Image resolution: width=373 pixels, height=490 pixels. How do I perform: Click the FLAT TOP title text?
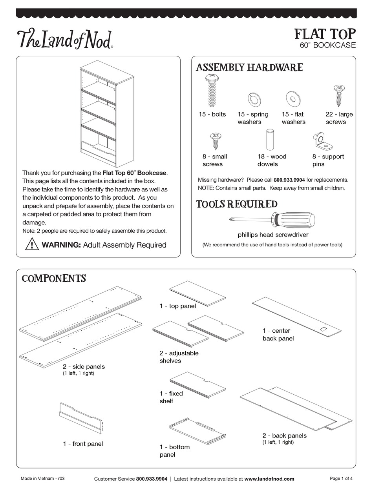(x=325, y=34)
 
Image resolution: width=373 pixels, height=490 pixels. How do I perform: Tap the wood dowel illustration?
(x=270, y=139)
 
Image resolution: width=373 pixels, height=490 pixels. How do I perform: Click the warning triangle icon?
(x=31, y=244)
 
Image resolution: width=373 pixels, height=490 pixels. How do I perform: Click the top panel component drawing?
(x=197, y=293)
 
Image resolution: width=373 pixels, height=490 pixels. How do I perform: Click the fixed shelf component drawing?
(x=197, y=384)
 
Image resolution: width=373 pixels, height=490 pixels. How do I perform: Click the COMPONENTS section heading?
(x=54, y=279)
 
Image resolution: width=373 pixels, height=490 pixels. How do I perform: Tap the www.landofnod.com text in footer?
(x=269, y=479)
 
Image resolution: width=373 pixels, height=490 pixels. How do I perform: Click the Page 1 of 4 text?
(x=341, y=478)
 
